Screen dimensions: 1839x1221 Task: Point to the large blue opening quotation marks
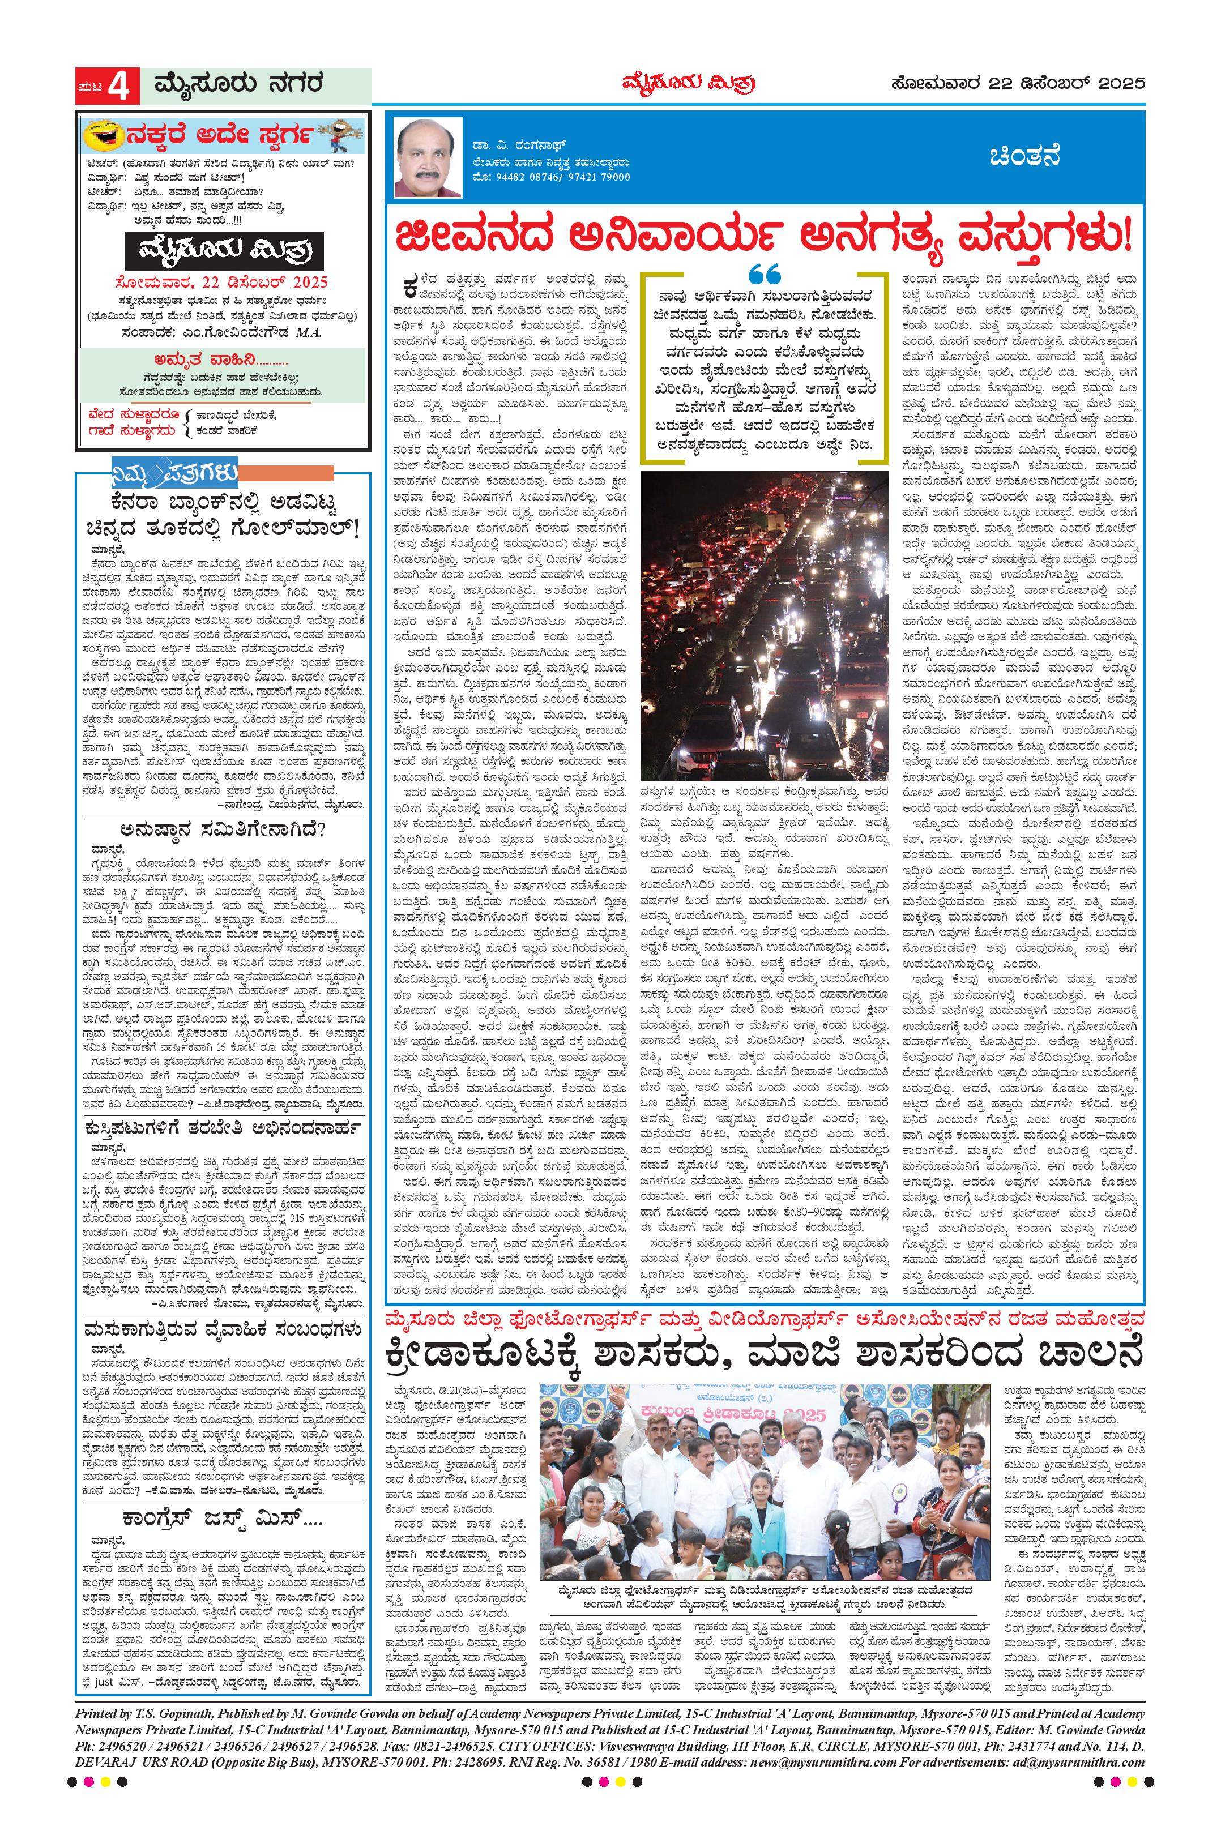[763, 275]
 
